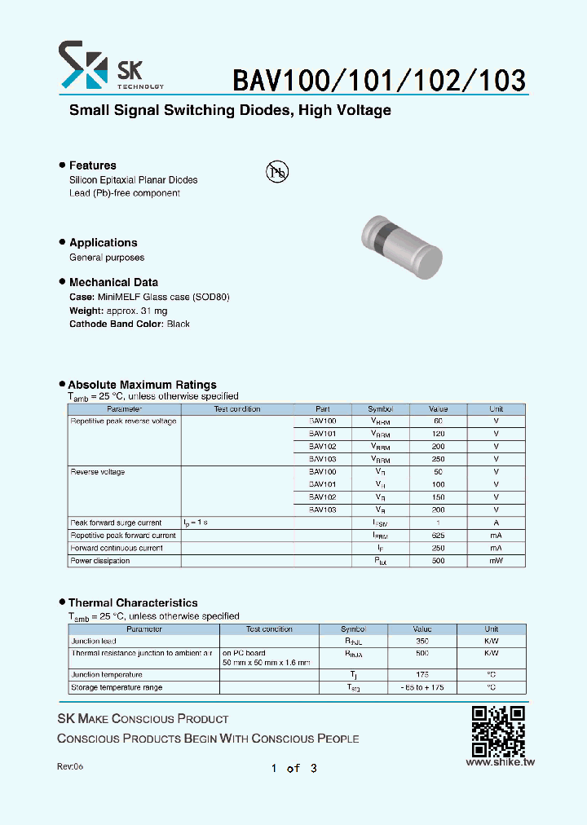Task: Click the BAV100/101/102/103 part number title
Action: point(379,79)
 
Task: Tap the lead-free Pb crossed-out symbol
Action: point(277,170)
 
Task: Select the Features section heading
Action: point(92,165)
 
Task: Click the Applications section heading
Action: point(103,243)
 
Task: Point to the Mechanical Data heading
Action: point(113,282)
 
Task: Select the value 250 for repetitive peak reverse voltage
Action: point(439,459)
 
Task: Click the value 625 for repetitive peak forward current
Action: point(439,536)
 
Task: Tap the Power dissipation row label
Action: point(100,561)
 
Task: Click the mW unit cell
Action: point(496,561)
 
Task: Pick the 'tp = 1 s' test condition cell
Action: point(196,523)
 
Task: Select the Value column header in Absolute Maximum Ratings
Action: point(439,409)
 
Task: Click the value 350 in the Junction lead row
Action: point(422,642)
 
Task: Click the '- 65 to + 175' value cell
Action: point(422,687)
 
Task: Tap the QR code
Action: point(498,731)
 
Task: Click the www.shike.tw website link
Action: point(500,762)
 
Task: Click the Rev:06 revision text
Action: point(70,767)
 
